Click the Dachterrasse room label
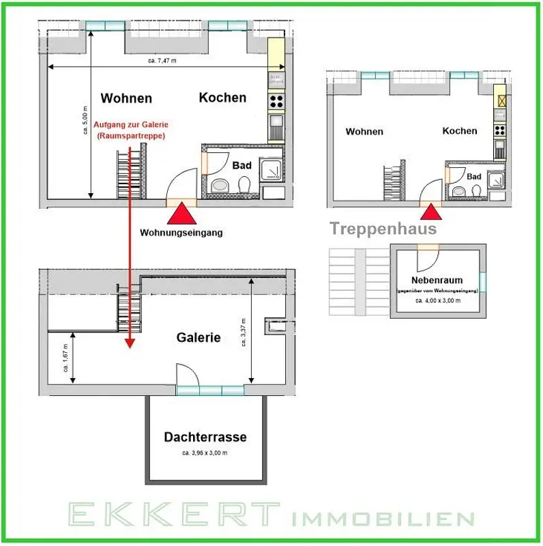(205, 437)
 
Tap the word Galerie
(199, 337)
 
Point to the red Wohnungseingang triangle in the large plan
(181, 213)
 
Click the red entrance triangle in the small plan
(432, 212)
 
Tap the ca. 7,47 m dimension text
(162, 61)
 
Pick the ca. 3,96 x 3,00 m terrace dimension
(205, 452)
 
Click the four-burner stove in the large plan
(276, 102)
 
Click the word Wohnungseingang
(181, 232)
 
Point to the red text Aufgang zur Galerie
(132, 125)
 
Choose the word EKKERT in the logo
(171, 517)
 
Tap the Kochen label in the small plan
(459, 131)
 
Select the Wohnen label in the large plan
(126, 98)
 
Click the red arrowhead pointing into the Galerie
(129, 344)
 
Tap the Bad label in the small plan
(475, 177)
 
